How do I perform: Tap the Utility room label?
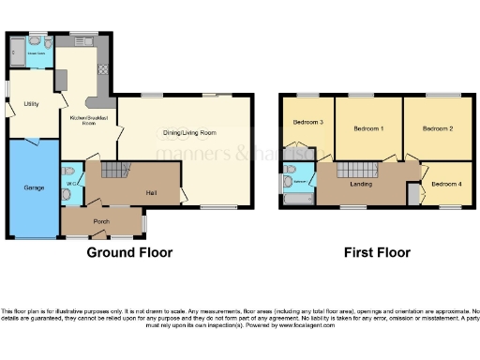click(31, 104)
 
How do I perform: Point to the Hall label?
click(151, 192)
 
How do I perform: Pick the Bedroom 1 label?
click(368, 127)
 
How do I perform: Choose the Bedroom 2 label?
click(437, 127)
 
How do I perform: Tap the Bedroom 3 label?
click(308, 122)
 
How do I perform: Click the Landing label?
click(361, 184)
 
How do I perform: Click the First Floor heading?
click(373, 253)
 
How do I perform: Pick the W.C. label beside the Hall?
click(68, 183)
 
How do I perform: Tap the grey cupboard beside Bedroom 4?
click(412, 195)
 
